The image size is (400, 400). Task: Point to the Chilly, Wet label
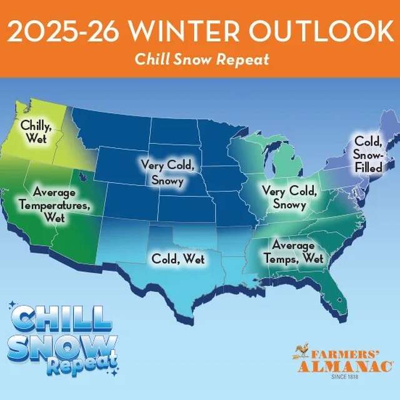pos(36,131)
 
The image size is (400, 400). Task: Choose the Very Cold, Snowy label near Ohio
pos(284,197)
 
